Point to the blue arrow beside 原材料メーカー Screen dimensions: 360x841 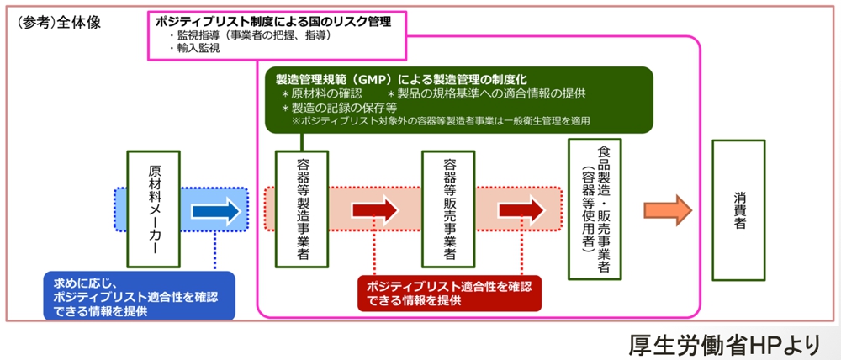[216, 210]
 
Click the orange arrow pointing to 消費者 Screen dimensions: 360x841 [667, 209]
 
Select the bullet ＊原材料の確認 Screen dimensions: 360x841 [322, 93]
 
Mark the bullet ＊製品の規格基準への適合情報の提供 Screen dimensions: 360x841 [487, 93]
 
